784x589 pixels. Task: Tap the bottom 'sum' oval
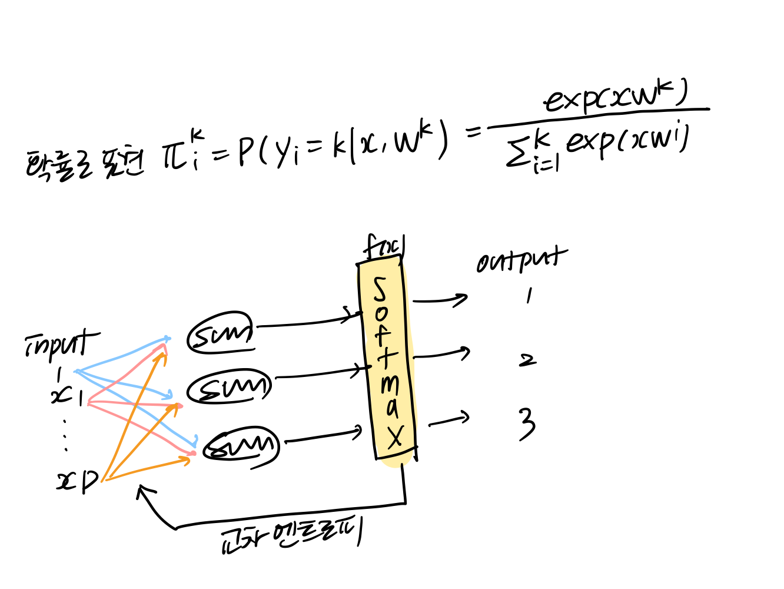[x=241, y=446]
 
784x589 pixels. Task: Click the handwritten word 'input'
[x=61, y=345]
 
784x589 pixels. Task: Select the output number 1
[x=529, y=296]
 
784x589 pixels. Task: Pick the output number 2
[x=527, y=359]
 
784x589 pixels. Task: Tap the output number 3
[x=527, y=423]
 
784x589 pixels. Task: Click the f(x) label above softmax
[x=384, y=247]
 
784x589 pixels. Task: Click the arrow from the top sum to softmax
[x=306, y=323]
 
